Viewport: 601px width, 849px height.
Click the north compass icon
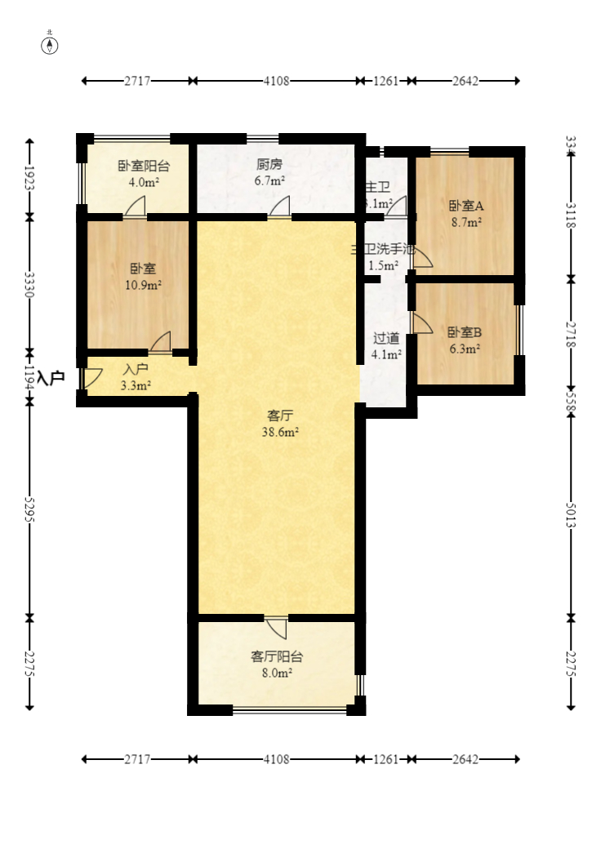tap(51, 44)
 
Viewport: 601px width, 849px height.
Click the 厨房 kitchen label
tap(269, 163)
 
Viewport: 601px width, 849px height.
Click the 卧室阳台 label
tap(144, 166)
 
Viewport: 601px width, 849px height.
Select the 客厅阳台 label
tap(277, 656)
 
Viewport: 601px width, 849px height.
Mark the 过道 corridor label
tap(386, 338)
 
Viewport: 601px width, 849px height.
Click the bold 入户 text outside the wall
tap(51, 378)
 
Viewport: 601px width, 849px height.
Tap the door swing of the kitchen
tap(280, 207)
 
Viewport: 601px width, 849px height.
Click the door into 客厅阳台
tap(277, 627)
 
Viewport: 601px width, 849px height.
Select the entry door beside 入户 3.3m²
tap(90, 378)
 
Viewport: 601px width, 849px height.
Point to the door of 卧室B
tap(421, 323)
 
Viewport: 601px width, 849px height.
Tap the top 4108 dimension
tap(276, 81)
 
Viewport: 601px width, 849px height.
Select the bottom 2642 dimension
tap(465, 759)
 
